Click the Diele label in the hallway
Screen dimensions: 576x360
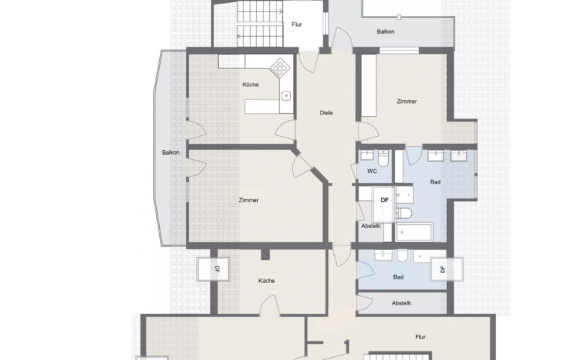[x=326, y=113]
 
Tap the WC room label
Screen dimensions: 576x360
[x=372, y=171]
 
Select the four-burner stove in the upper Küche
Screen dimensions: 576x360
[x=280, y=68]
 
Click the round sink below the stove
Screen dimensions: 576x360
[x=286, y=96]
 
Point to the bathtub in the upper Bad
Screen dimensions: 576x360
[x=414, y=232]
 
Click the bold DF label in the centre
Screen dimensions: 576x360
[x=384, y=200]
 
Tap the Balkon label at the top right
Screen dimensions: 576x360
[x=385, y=32]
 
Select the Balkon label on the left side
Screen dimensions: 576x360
[x=171, y=152]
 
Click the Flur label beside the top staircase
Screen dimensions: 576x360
[x=297, y=24]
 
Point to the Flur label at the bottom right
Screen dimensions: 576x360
[x=420, y=337]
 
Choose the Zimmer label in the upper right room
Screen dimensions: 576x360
[x=407, y=101]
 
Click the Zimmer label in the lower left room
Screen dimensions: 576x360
[x=248, y=200]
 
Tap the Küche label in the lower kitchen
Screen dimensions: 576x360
[x=266, y=281]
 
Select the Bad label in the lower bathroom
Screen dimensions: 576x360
[x=398, y=277]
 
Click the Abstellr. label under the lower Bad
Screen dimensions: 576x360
[x=402, y=303]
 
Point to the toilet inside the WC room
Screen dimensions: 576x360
[x=383, y=158]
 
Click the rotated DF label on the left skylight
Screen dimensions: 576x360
[x=217, y=269]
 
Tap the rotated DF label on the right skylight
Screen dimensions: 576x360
[x=443, y=269]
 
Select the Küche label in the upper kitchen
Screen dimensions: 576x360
[x=251, y=84]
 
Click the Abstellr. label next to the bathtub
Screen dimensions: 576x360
[x=372, y=226]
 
